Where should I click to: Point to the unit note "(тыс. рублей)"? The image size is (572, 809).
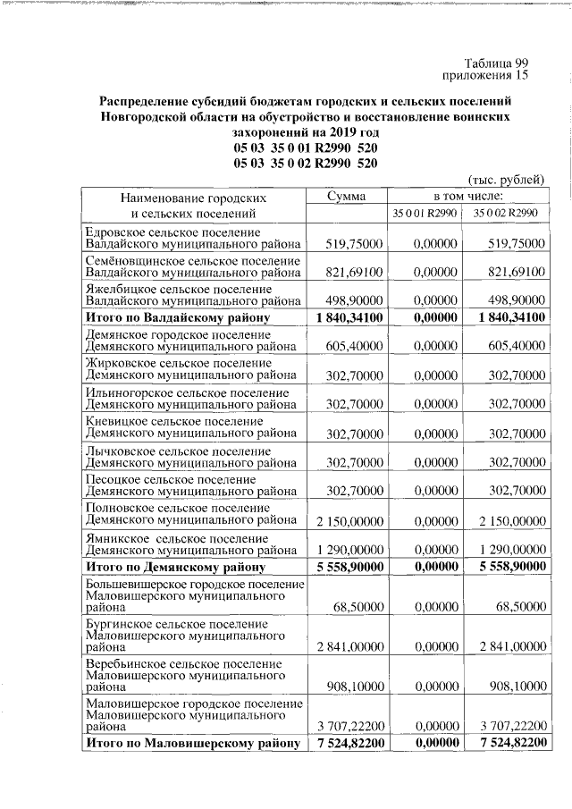(507, 180)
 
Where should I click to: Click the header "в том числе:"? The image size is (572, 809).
(467, 196)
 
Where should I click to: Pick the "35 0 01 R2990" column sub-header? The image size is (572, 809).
(426, 213)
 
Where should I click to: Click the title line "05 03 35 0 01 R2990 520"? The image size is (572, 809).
(306, 148)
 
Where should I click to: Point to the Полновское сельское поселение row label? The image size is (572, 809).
(191, 513)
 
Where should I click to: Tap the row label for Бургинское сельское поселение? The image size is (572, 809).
(191, 635)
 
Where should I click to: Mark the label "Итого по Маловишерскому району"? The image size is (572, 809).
(191, 744)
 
